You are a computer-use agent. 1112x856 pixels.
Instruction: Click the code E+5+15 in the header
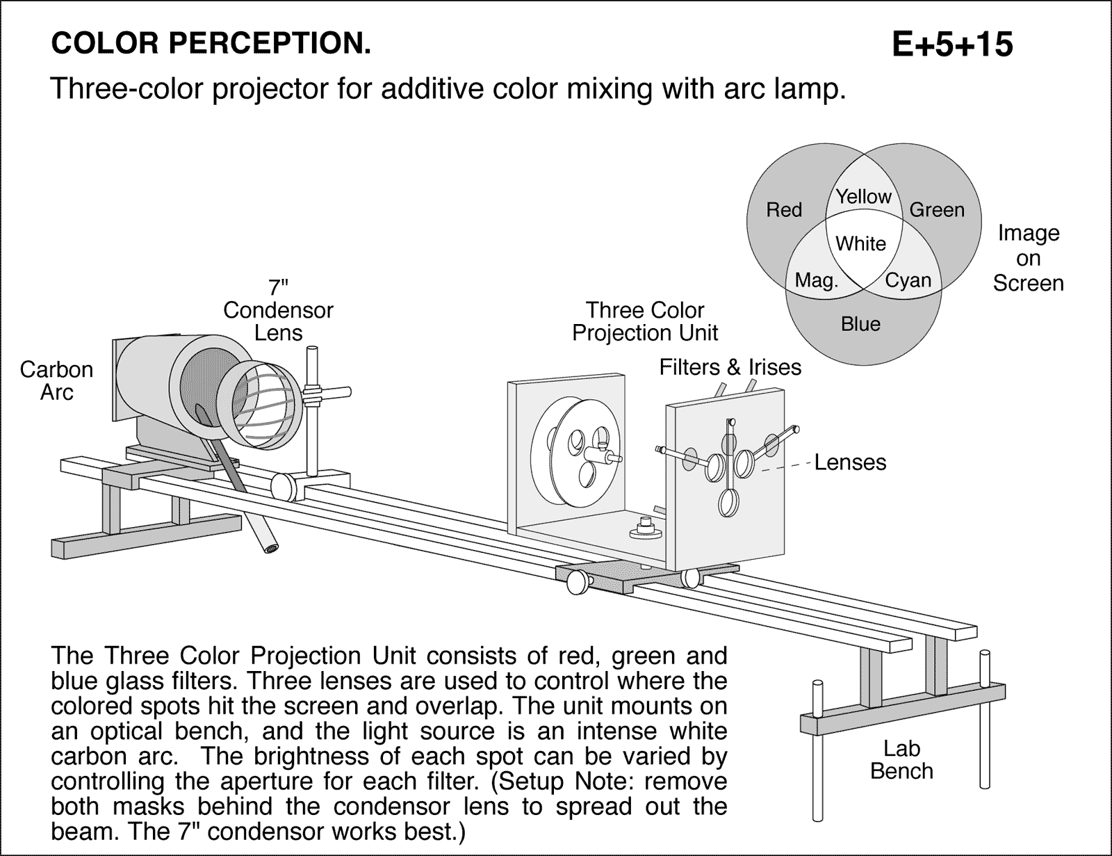tap(952, 45)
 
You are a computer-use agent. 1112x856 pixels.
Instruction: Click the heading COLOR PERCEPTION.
tap(211, 45)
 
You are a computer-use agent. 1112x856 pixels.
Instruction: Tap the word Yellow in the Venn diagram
tap(863, 197)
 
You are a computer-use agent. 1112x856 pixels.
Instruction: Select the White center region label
tap(860, 243)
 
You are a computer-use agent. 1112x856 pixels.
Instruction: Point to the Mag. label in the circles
tap(817, 280)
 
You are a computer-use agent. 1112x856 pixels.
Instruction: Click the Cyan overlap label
tap(908, 280)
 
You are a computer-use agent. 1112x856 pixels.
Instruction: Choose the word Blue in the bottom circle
tap(860, 324)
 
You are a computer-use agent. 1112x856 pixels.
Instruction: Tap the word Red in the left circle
tap(784, 210)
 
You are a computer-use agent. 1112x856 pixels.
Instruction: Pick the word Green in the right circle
tap(937, 210)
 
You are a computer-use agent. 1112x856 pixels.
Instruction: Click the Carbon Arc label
tap(56, 380)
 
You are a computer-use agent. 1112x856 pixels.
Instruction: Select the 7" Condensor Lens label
tap(278, 310)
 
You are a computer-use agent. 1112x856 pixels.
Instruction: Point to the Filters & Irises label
tap(730, 367)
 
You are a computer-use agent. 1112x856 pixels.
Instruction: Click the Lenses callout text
tap(850, 462)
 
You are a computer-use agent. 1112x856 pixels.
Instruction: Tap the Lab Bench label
tap(901, 760)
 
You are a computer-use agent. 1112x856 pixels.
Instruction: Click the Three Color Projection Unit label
tap(645, 321)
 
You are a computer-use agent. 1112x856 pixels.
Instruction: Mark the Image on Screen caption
tap(1028, 258)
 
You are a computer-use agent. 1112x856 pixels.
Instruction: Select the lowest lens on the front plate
tap(728, 503)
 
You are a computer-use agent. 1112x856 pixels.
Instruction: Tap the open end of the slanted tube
tap(270, 549)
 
